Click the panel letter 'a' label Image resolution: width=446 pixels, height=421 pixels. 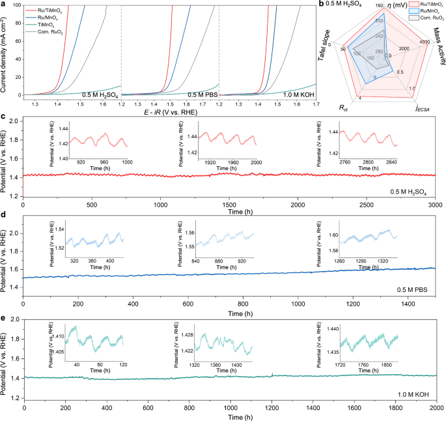coord(3,4)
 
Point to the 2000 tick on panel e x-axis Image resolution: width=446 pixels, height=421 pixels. coord(435,407)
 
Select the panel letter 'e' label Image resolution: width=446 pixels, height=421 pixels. coord(3,317)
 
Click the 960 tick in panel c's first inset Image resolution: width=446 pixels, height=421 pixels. coord(104,161)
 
